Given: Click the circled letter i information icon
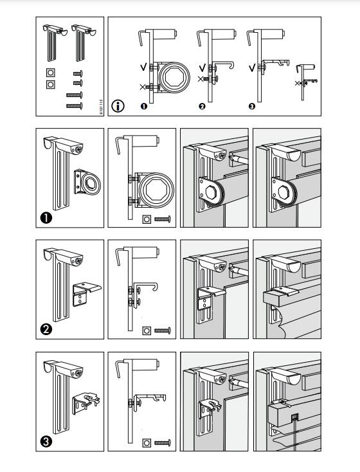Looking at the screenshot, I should click(118, 106).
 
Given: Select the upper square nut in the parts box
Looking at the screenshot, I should click(50, 73).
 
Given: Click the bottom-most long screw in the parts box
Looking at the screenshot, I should click(75, 104).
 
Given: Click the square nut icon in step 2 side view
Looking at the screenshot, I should click(147, 331).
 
